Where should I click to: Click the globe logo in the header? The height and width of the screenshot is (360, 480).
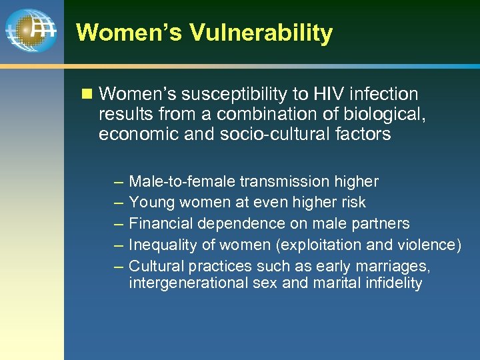point(30,31)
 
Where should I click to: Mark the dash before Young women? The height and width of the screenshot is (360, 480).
point(118,203)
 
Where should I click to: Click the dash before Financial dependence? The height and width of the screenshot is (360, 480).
point(118,224)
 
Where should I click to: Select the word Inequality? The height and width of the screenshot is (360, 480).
point(160,245)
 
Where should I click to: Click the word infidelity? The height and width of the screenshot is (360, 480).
point(394,283)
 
